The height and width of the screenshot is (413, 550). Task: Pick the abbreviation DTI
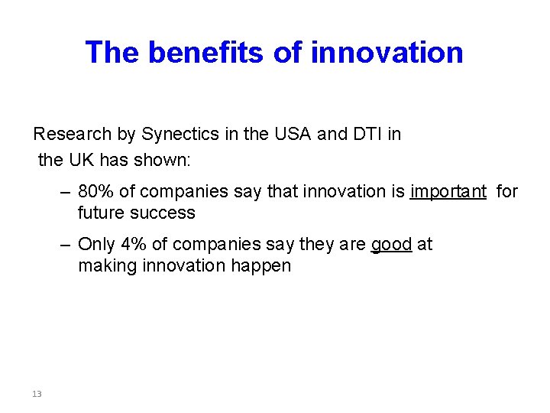(367, 135)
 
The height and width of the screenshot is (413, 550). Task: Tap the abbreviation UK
(81, 161)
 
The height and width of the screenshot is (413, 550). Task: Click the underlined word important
(448, 191)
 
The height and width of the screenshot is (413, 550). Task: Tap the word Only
(96, 244)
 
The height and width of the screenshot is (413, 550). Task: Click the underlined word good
(391, 244)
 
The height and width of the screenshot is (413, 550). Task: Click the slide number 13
(37, 394)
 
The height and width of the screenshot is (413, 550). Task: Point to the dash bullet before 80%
(66, 191)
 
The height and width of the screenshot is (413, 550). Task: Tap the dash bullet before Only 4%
(66, 244)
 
